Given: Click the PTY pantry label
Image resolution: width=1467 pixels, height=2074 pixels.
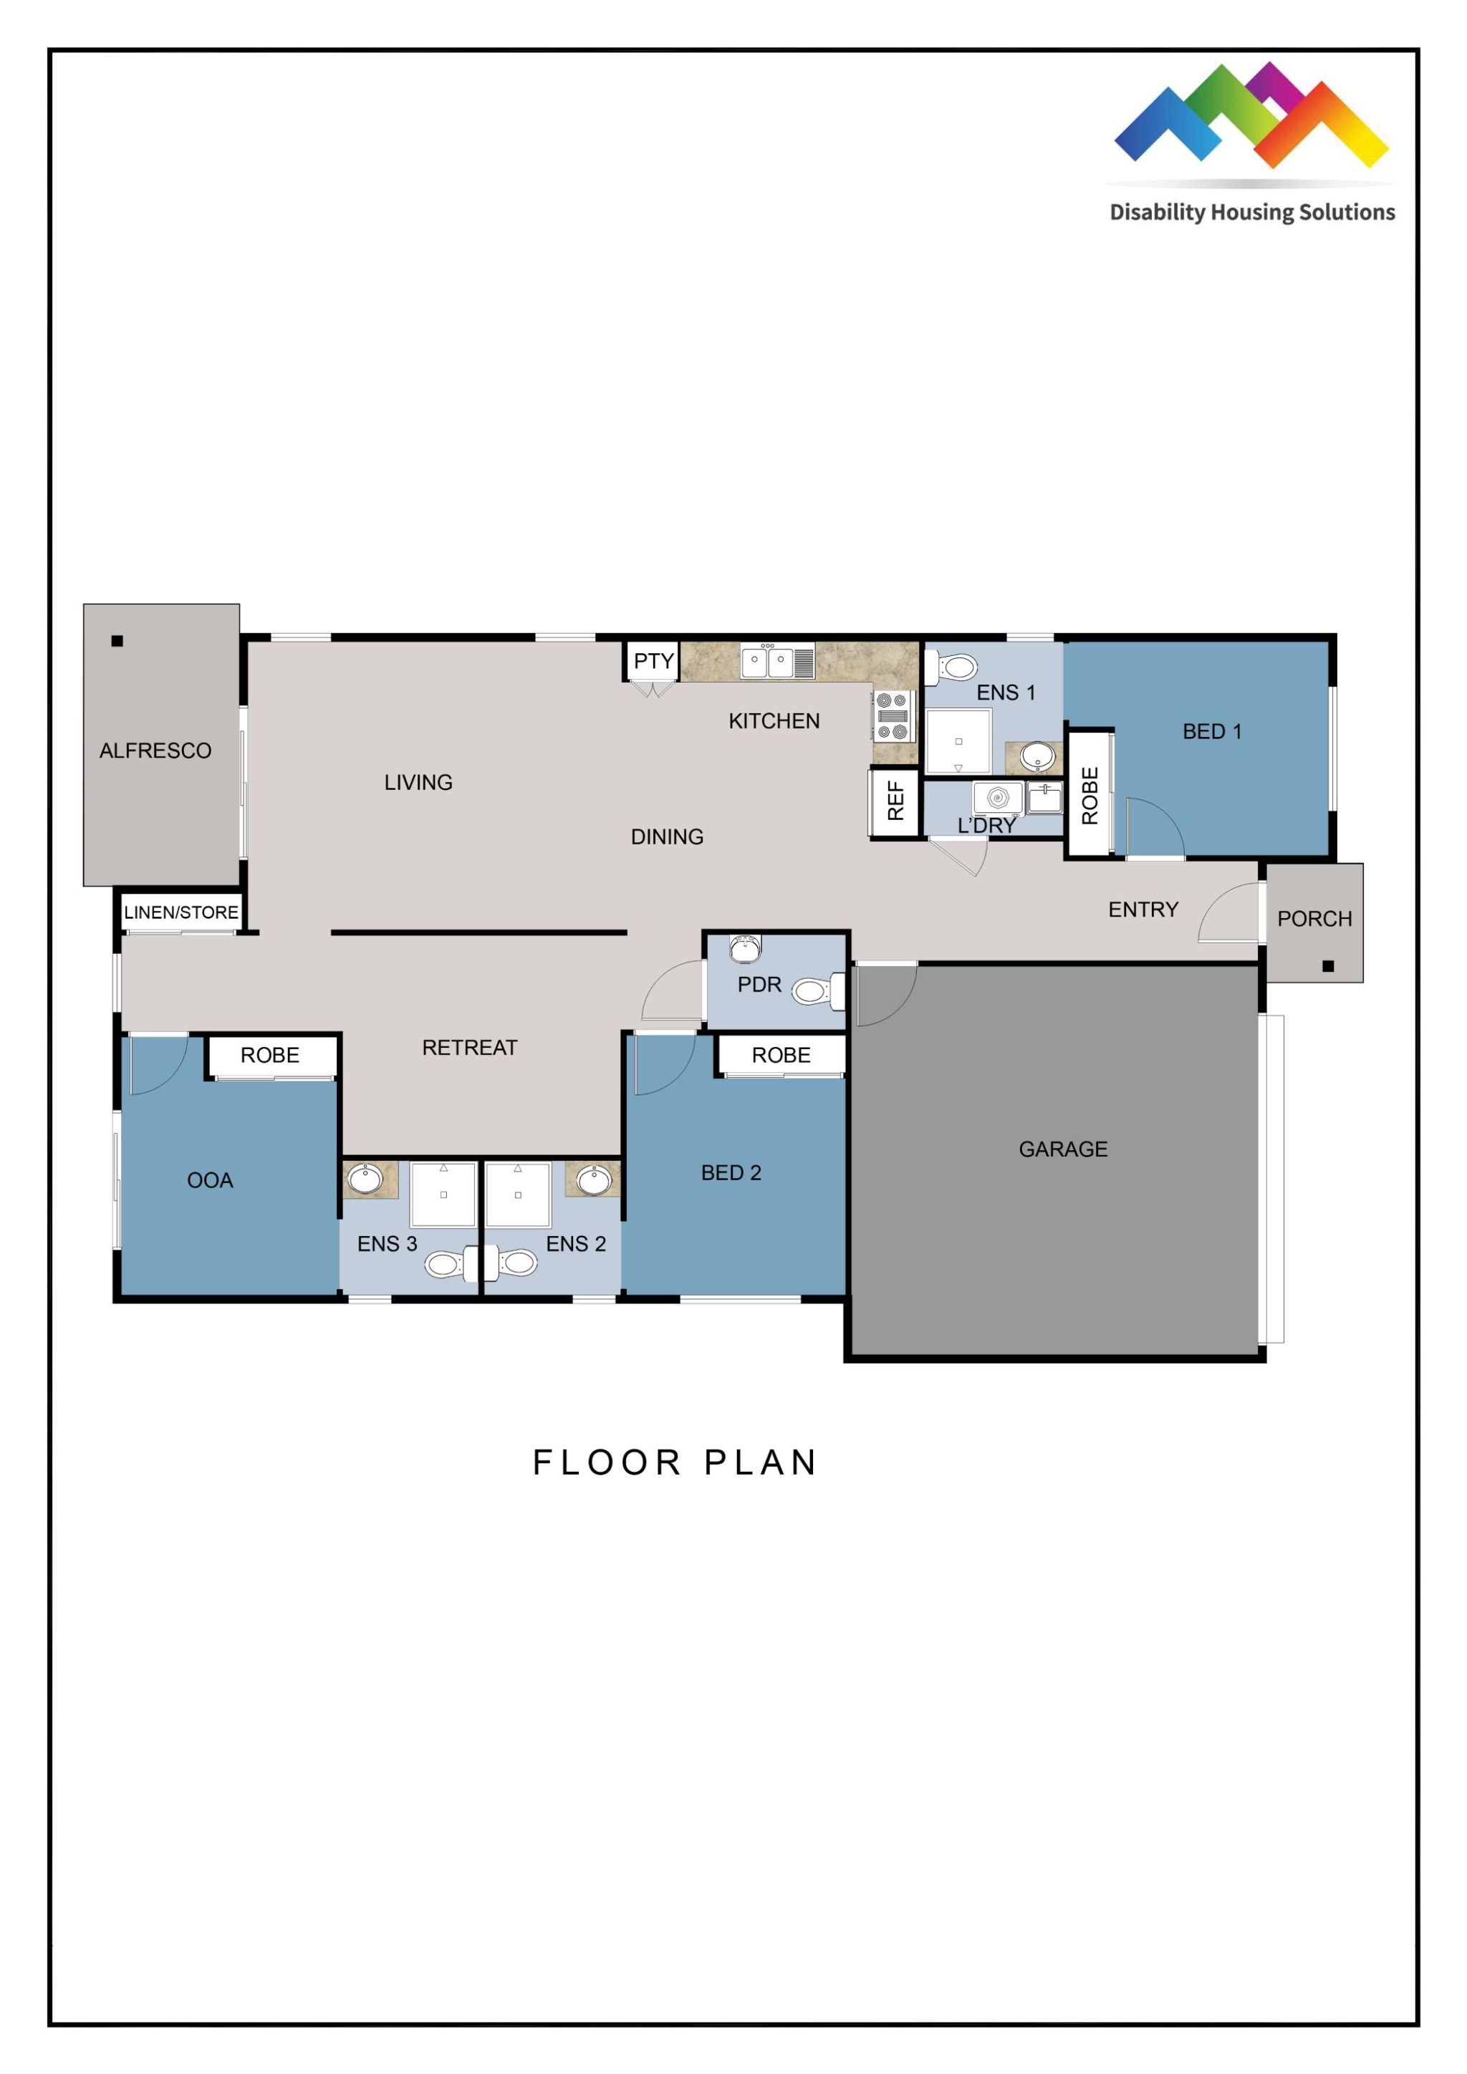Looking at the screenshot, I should pos(653,661).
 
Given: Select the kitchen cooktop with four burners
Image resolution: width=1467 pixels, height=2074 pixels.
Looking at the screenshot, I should pos(893,715).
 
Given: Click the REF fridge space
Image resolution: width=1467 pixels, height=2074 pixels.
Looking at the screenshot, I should pos(894,801).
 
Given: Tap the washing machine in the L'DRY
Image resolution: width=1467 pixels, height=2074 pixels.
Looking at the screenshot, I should pos(997,798).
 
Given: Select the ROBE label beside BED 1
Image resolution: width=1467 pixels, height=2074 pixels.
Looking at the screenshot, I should pos(1090,796).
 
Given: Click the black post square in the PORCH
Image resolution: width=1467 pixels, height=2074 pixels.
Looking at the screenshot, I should pos(1327,965).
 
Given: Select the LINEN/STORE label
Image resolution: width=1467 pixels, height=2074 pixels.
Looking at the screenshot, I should pos(181,912).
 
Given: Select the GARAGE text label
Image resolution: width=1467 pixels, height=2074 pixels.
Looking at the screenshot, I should pos(1062,1149).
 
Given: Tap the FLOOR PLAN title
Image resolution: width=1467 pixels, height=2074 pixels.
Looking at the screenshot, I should pos(675,1462).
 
